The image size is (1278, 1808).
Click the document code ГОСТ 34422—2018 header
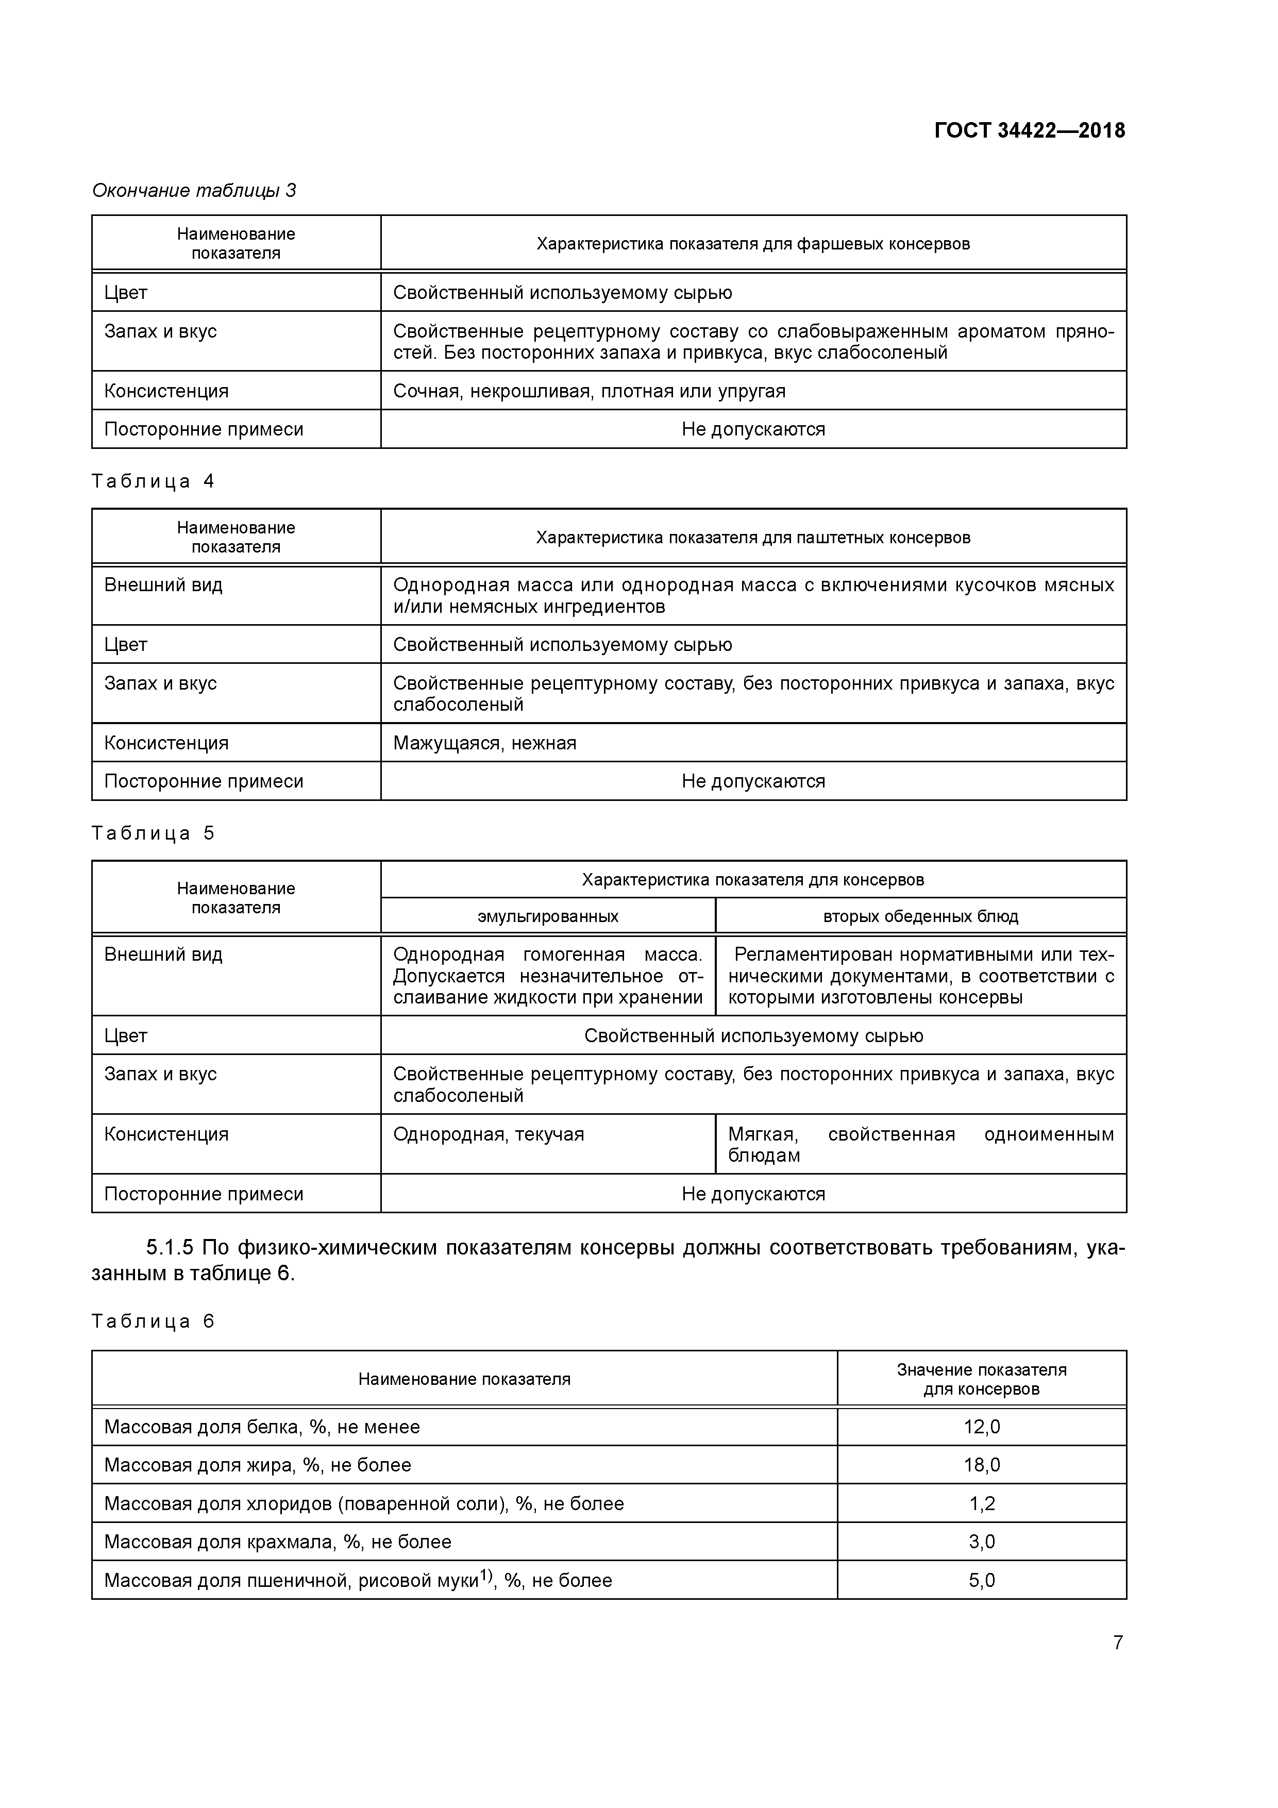click(x=1029, y=131)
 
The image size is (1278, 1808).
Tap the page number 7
click(x=1117, y=1643)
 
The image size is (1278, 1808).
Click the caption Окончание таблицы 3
click(x=194, y=191)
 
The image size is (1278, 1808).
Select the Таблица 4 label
click(x=153, y=481)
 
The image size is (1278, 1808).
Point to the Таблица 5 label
click(x=153, y=833)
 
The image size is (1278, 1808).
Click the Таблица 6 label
click(x=153, y=1321)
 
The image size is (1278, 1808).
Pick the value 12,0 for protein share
click(x=981, y=1427)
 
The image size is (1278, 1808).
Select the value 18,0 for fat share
click(x=981, y=1465)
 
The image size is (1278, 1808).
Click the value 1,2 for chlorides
click(x=981, y=1503)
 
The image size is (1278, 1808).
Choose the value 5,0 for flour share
click(x=981, y=1580)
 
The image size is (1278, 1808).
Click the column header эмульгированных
click(x=547, y=916)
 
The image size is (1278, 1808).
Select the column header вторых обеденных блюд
click(x=920, y=916)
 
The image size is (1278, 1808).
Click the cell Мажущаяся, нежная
click(x=484, y=743)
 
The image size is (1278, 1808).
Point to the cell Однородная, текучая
click(x=488, y=1134)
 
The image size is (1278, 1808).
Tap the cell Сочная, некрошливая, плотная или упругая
click(x=589, y=391)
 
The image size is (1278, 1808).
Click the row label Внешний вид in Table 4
click(x=163, y=585)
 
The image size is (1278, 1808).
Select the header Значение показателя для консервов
click(x=981, y=1379)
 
